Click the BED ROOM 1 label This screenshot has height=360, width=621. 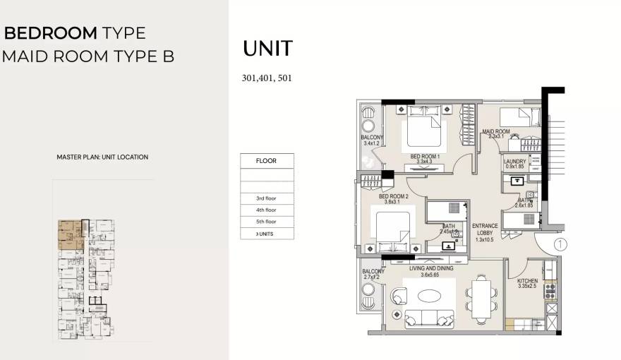coord(425,156)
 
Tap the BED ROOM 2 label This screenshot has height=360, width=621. coord(394,197)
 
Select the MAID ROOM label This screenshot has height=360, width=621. coord(495,132)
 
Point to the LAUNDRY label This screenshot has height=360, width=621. coord(514,162)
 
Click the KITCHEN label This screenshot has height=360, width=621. coord(527,280)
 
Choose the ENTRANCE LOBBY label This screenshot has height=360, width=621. coord(485,230)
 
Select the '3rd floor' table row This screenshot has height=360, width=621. coord(266,198)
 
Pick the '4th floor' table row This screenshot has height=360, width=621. coord(266,210)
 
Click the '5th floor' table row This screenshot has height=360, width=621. coord(266,222)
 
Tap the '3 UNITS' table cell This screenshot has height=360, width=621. coord(266,234)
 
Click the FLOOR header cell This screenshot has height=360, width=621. coord(266,161)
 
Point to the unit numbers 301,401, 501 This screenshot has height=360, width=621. coord(267,78)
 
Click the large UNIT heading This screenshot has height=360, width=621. coord(267,49)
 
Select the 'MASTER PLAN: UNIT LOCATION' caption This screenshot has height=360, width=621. coord(102,157)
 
